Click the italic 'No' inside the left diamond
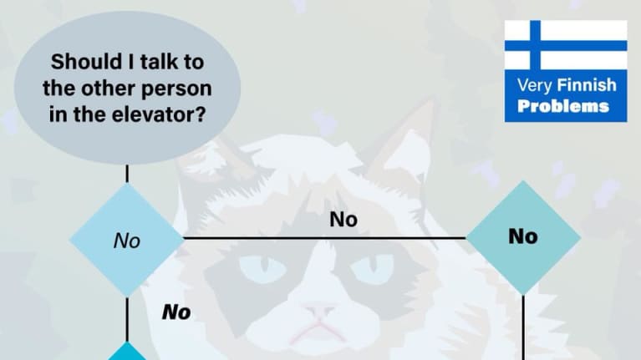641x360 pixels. pos(126,241)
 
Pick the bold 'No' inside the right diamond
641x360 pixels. pos(522,236)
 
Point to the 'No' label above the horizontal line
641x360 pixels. pos(343,220)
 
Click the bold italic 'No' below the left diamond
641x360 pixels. pos(176,313)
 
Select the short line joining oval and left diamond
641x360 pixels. pos(127,173)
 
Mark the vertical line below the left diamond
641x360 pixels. pos(127,317)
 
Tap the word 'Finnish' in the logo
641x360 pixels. pos(587,85)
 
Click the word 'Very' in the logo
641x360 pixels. pos(532,85)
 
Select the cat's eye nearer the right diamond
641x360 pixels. pos(371,269)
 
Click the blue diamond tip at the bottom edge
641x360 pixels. pos(127,351)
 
